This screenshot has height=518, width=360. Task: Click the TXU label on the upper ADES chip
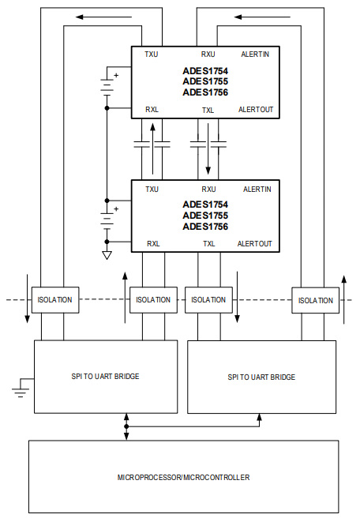point(152,54)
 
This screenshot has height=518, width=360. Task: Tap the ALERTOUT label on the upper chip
point(256,110)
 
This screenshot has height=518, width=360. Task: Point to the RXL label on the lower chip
point(152,244)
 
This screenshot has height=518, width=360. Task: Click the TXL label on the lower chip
point(208,244)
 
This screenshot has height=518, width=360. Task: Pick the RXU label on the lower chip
point(208,190)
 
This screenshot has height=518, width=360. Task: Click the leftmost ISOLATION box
point(54,300)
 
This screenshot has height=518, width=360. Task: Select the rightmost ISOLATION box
point(316,300)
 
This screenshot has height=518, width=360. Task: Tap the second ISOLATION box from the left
point(152,300)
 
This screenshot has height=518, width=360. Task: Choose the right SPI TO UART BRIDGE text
point(261,377)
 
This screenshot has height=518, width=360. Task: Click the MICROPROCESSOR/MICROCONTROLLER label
point(183,478)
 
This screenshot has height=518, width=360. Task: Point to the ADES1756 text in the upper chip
point(205,92)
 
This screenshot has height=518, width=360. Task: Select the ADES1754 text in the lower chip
point(205,205)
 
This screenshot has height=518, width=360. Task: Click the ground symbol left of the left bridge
point(21,388)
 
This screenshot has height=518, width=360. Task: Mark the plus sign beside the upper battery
point(116,75)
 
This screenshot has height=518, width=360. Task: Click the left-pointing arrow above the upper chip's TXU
point(95,17)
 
